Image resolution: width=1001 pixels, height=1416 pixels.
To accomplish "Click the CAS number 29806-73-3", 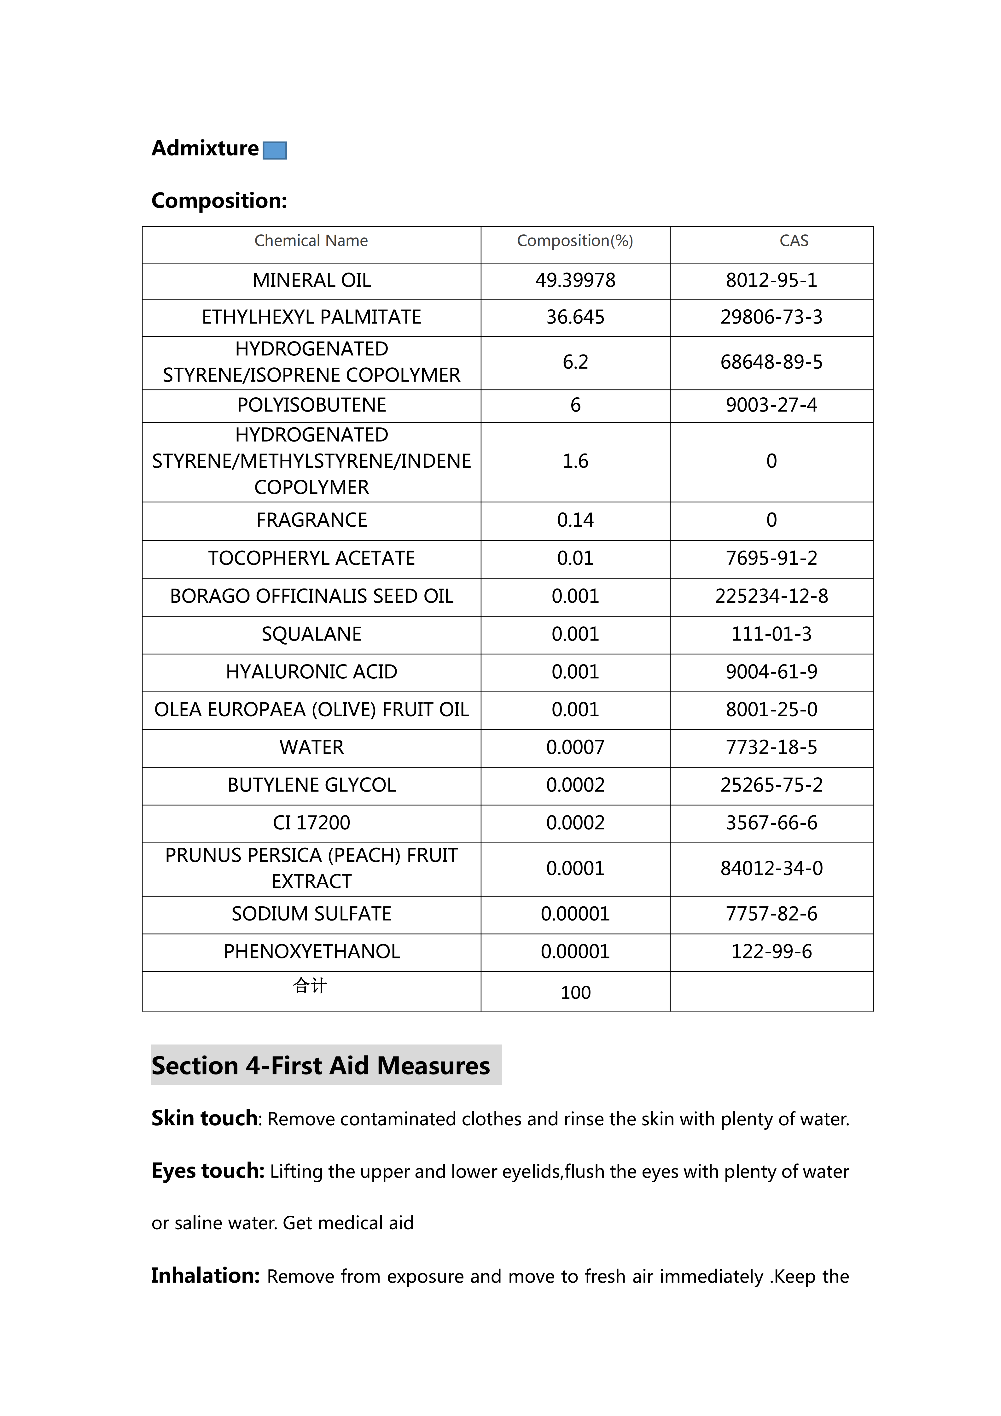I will (771, 317).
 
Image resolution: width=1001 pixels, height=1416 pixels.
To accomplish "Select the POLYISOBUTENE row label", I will (311, 405).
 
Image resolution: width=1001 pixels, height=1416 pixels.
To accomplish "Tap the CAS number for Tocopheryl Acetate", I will (771, 558).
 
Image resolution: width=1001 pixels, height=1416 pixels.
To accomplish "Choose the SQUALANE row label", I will (311, 634).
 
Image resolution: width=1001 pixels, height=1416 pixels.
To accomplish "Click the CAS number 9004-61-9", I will (771, 672).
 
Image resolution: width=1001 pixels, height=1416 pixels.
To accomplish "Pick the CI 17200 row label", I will (311, 823).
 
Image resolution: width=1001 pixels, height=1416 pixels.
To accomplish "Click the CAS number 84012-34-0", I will (771, 868).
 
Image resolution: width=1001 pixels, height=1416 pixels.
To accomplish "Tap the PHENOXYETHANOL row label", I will (311, 951).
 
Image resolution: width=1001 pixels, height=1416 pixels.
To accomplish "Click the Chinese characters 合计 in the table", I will (310, 986).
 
